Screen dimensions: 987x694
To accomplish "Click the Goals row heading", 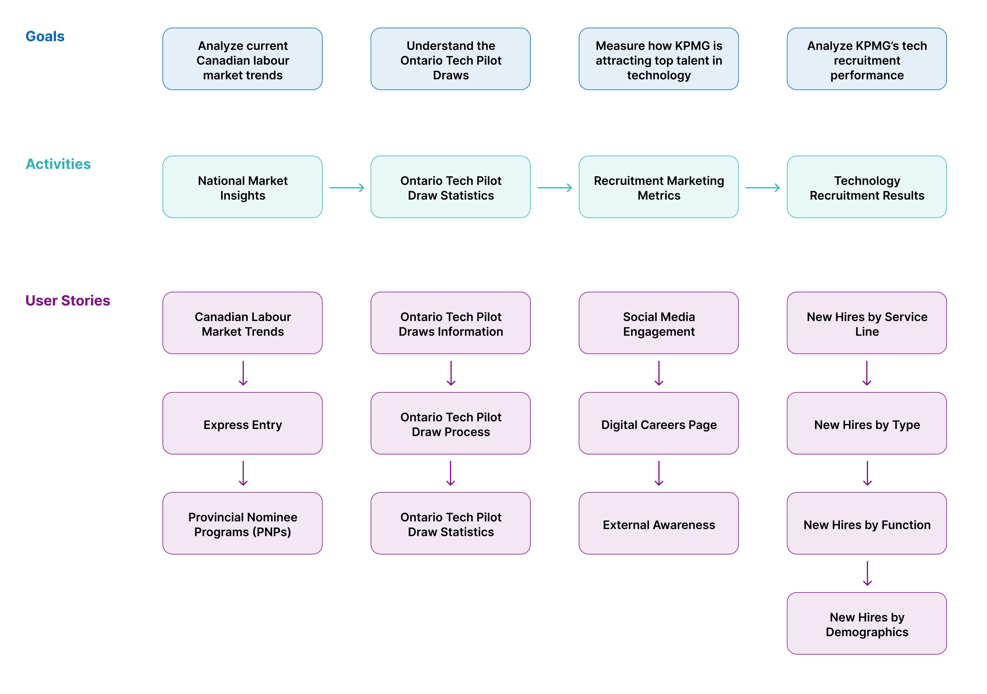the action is [45, 36].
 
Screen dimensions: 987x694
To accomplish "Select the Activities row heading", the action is [58, 164].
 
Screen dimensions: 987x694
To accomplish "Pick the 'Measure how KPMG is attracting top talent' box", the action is [659, 59].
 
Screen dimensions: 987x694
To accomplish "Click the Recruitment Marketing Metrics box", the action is [659, 187].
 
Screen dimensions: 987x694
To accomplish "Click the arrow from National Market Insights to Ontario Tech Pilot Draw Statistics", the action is [347, 188].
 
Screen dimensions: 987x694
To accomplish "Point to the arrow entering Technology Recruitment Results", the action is [763, 188].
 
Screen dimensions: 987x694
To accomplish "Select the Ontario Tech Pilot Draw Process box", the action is [451, 423].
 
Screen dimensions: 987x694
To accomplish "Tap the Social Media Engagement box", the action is [659, 323].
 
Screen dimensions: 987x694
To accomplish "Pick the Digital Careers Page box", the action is [659, 423].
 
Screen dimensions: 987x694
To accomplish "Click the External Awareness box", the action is [659, 523].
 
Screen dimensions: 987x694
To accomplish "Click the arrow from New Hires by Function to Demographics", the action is [867, 573].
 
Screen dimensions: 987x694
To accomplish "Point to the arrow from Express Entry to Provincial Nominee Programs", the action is [243, 473].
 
